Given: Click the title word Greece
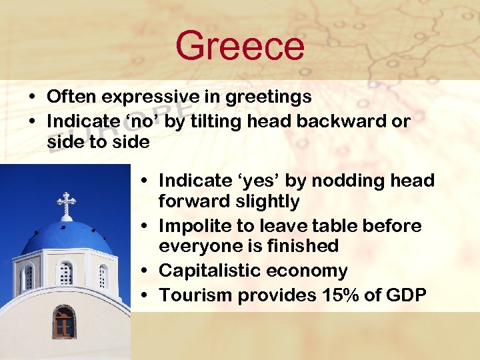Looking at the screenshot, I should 239,46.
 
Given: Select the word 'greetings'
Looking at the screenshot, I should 268,97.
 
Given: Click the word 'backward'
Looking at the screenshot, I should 327,122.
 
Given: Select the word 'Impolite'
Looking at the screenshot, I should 192,226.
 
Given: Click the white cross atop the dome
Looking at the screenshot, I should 66,203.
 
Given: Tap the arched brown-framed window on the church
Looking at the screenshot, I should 63,322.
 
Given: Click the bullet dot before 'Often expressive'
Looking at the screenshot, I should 32,97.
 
